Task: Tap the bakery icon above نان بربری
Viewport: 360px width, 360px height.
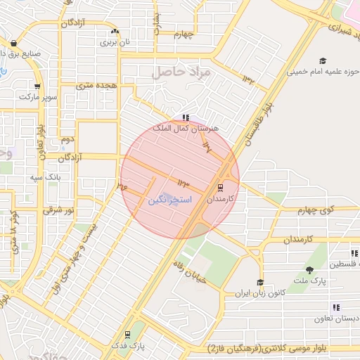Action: click(x=114, y=32)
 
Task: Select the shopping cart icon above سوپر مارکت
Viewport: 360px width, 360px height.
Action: click(x=37, y=86)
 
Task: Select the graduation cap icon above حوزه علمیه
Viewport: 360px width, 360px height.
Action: click(x=323, y=60)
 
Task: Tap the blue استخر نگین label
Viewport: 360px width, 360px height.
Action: click(x=168, y=200)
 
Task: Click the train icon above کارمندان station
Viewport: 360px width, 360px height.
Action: click(x=220, y=188)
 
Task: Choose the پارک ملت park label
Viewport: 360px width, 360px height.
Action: click(x=309, y=281)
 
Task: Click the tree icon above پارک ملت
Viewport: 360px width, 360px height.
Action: click(x=309, y=271)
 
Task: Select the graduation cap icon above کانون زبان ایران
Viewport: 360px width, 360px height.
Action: click(x=260, y=282)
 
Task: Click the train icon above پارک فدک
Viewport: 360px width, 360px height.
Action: click(x=127, y=335)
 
